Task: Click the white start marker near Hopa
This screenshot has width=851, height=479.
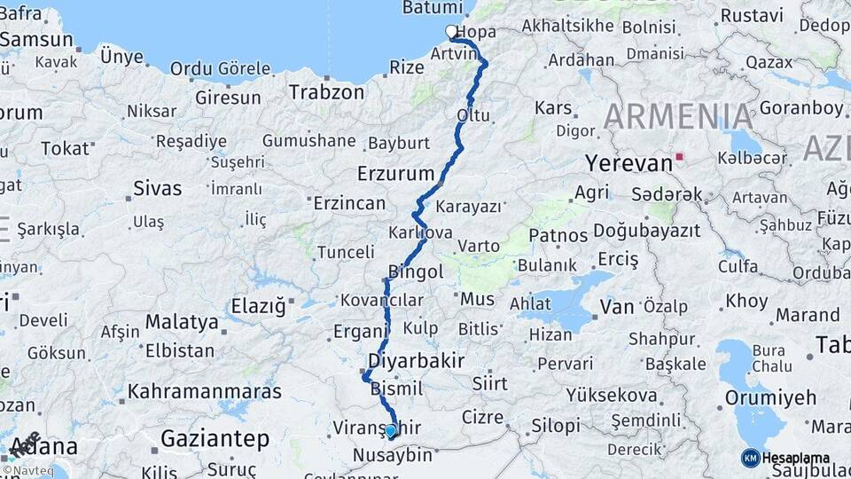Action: tap(451, 32)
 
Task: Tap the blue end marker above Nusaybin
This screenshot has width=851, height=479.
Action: tap(391, 430)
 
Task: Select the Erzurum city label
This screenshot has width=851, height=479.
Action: tap(395, 172)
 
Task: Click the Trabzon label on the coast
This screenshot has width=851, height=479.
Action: tap(327, 91)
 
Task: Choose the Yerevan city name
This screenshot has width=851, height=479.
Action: tap(628, 163)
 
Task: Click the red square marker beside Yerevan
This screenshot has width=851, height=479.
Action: tap(680, 157)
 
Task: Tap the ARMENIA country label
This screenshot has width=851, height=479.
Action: tap(679, 116)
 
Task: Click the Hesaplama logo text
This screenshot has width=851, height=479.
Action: tap(796, 458)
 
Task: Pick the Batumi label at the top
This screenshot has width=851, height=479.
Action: tap(433, 7)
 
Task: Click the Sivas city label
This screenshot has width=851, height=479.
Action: tap(158, 188)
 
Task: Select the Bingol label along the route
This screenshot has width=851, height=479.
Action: tap(416, 271)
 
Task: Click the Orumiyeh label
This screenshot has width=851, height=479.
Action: tap(770, 397)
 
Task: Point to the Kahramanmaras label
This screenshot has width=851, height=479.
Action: tap(205, 390)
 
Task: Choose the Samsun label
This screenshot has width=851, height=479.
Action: tap(36, 40)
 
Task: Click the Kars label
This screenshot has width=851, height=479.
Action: tap(554, 107)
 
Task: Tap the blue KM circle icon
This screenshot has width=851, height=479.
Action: tap(751, 458)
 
